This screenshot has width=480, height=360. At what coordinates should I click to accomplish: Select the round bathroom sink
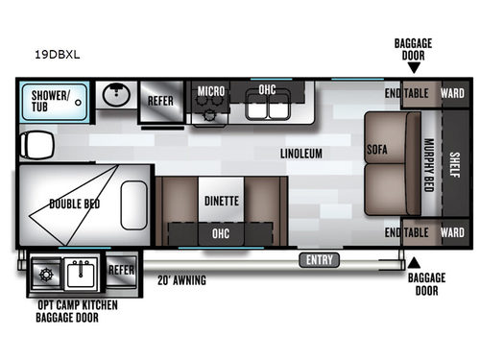click(114, 96)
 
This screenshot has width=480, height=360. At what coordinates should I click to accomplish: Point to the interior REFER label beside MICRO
click(160, 101)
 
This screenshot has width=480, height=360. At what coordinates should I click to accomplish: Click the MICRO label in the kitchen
click(211, 91)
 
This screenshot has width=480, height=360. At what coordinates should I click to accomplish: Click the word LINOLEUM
click(300, 153)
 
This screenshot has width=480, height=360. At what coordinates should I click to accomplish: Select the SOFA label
click(376, 151)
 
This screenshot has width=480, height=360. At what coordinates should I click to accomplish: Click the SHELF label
click(453, 166)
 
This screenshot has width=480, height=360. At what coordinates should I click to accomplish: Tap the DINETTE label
click(221, 202)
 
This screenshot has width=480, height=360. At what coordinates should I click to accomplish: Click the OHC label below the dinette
click(221, 232)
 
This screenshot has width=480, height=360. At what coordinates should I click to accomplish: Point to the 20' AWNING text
click(182, 280)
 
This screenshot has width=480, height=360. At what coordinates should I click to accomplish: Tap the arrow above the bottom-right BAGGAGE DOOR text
click(414, 261)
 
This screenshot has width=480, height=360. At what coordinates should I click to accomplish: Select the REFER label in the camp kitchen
click(120, 270)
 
